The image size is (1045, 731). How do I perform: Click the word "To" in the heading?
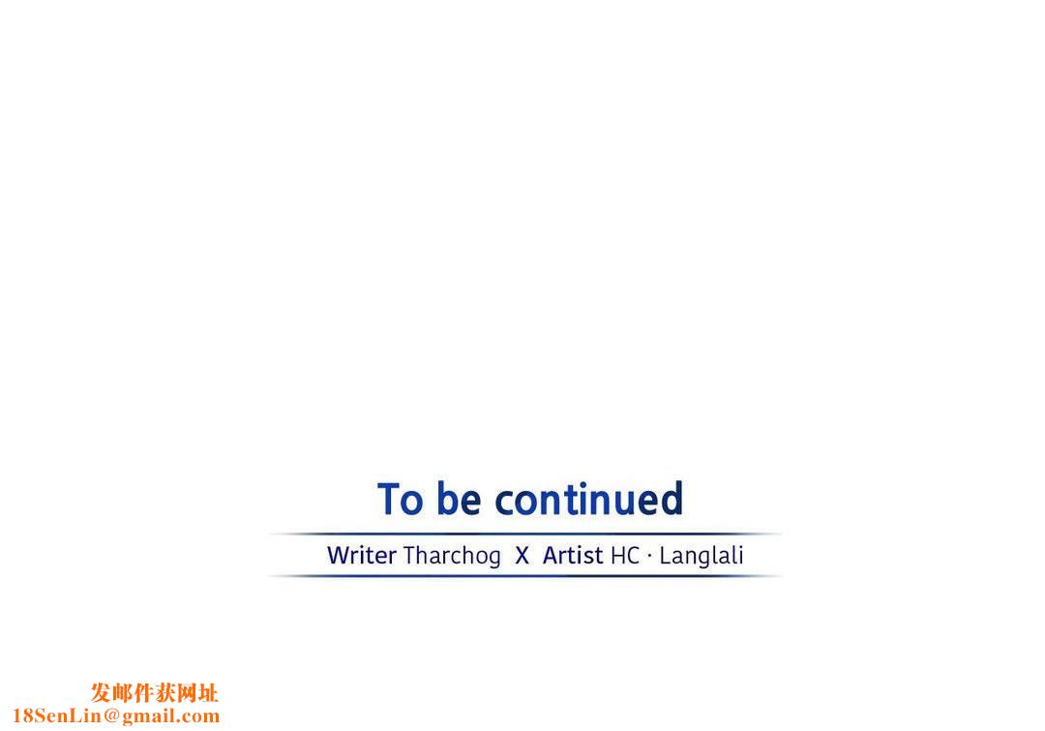[x=400, y=499]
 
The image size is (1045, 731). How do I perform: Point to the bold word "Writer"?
[x=362, y=555]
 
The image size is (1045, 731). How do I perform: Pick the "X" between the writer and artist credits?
[x=522, y=556]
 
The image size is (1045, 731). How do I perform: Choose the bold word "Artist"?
[x=573, y=555]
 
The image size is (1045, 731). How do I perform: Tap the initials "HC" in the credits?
[x=625, y=556]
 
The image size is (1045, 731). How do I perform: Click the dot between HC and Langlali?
[x=650, y=556]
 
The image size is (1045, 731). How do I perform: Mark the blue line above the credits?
[x=525, y=533]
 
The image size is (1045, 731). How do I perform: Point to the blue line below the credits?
[x=525, y=575]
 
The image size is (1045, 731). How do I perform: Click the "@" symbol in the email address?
[x=111, y=716]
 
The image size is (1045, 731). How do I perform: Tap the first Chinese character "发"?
[x=102, y=693]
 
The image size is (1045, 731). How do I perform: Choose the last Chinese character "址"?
[x=208, y=693]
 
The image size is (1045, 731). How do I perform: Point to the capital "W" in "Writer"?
[x=339, y=556]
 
